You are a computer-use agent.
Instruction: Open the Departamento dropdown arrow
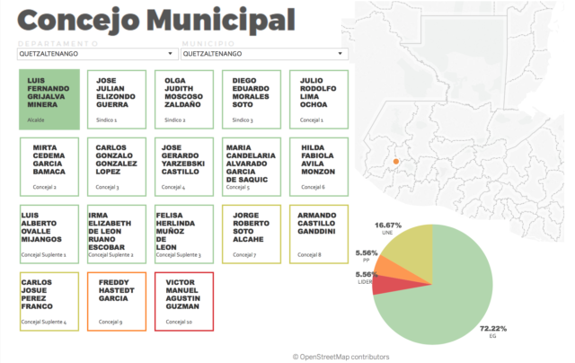pyautogui.click(x=171, y=54)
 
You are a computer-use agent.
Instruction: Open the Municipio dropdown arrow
pyautogui.click(x=341, y=54)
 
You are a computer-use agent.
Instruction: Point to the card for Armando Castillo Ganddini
pyautogui.click(x=320, y=234)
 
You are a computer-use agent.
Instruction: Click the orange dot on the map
pyautogui.click(x=394, y=162)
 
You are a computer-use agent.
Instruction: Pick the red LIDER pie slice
pyautogui.click(x=384, y=284)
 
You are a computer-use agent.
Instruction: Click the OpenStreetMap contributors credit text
pyautogui.click(x=341, y=357)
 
